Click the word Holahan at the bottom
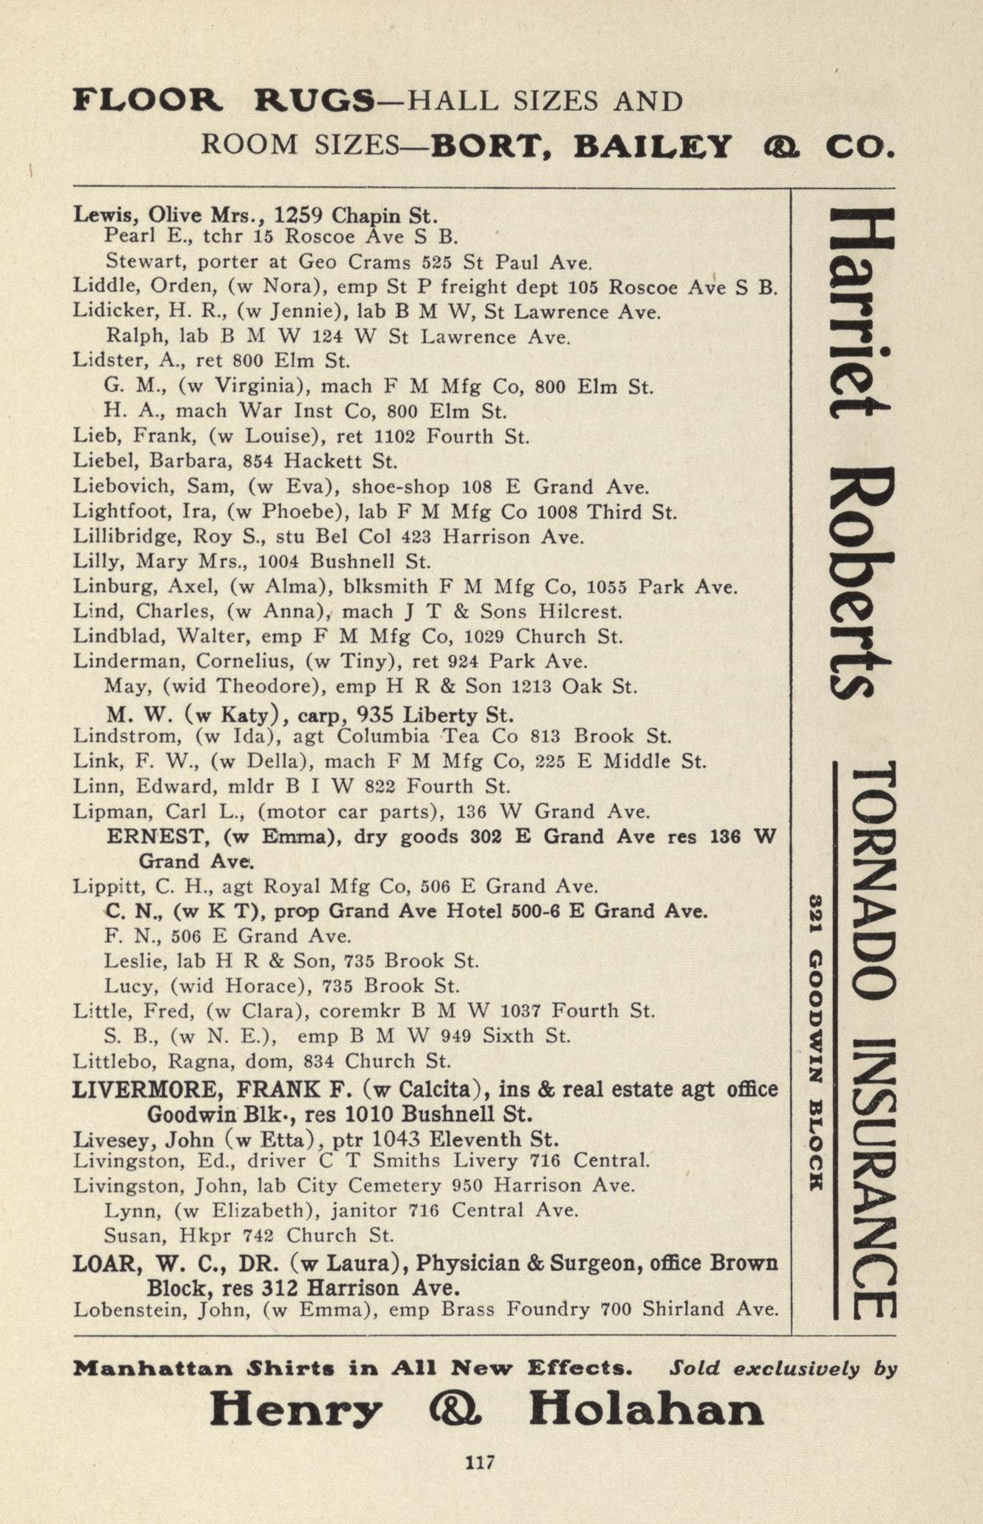click(x=646, y=1411)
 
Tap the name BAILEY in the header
click(x=653, y=146)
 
